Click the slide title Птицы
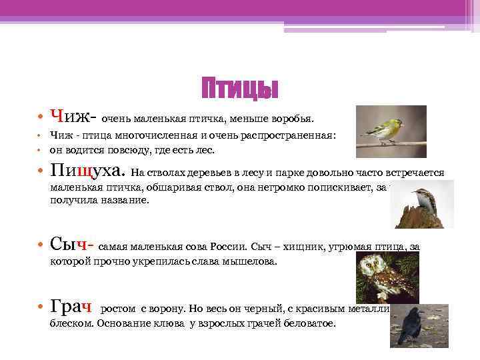(239, 89)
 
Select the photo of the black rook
(419, 325)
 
